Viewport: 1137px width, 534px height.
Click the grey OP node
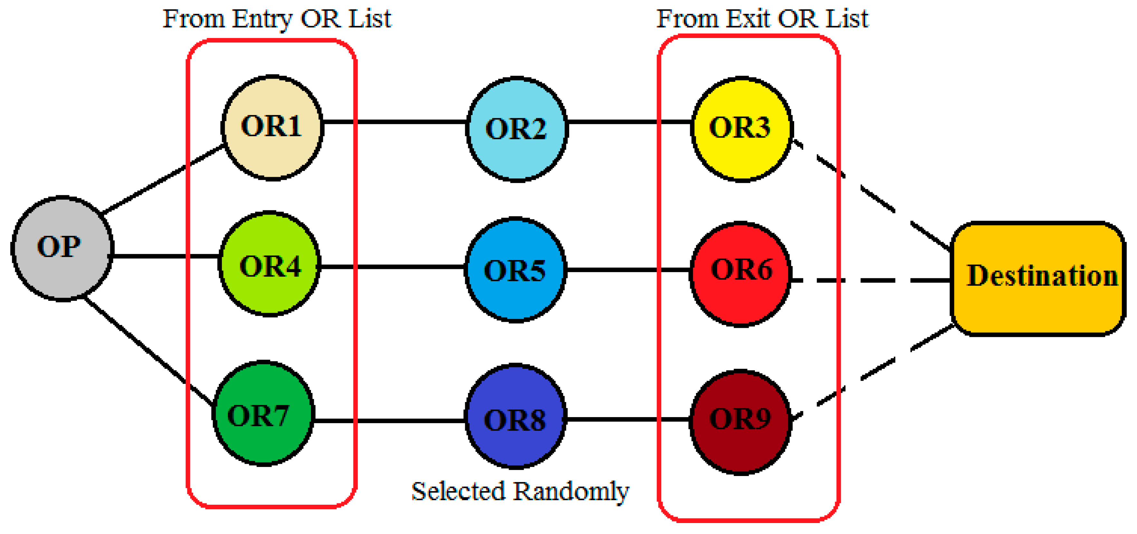coord(62,248)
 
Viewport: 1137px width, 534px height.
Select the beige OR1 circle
coord(272,128)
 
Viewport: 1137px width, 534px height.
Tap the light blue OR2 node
coord(516,129)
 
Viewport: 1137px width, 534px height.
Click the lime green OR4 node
coord(269,264)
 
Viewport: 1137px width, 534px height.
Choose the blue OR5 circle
coord(515,270)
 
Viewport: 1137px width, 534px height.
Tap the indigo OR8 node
coord(515,416)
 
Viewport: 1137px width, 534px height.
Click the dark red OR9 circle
coord(740,422)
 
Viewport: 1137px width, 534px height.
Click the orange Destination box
coord(1037,278)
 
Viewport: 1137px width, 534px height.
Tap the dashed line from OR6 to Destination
coord(879,280)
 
